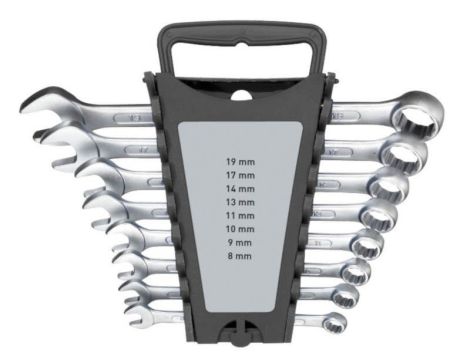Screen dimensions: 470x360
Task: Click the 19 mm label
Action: [241, 162]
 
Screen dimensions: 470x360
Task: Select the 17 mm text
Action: [241, 175]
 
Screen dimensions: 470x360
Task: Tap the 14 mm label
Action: [241, 189]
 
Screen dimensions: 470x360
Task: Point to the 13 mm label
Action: [241, 202]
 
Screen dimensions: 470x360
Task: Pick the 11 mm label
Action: [241, 216]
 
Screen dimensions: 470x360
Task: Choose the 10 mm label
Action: [241, 229]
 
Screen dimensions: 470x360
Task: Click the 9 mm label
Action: [240, 243]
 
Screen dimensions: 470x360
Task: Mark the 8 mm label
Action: [240, 256]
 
